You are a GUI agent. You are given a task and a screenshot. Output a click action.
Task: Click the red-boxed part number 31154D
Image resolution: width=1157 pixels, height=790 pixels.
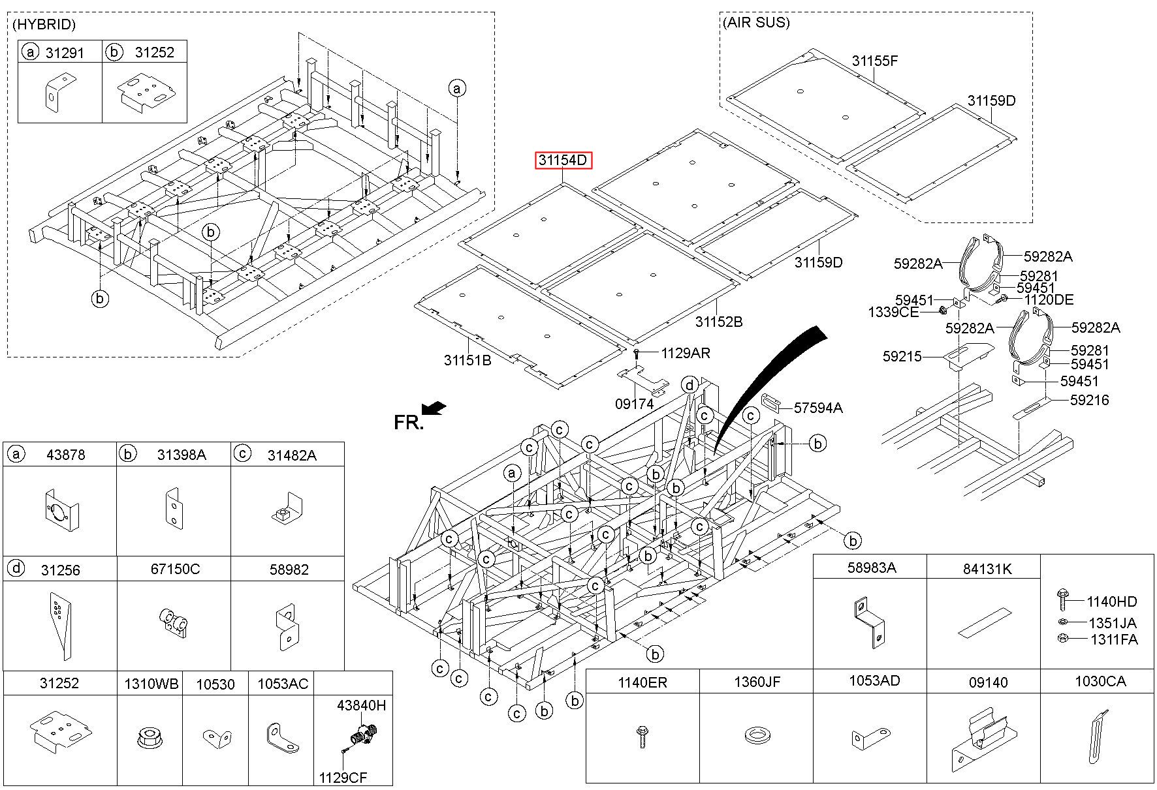(x=563, y=160)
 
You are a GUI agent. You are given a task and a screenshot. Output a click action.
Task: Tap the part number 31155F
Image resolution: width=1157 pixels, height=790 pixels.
(x=874, y=61)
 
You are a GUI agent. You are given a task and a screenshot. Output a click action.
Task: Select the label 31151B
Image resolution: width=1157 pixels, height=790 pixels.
(x=468, y=359)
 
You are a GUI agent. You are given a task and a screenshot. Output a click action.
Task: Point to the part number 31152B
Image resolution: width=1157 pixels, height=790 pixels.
(x=718, y=322)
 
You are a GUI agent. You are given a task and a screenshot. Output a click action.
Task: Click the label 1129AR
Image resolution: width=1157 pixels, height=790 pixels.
(x=685, y=353)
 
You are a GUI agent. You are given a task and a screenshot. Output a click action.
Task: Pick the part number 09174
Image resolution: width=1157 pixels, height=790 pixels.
(x=634, y=404)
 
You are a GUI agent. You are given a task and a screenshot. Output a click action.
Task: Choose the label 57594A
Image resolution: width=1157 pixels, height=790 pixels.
(x=818, y=408)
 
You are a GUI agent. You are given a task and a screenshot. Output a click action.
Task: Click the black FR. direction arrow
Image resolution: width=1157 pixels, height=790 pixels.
(x=434, y=408)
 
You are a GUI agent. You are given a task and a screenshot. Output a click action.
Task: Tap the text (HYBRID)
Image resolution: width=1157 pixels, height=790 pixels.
(x=44, y=25)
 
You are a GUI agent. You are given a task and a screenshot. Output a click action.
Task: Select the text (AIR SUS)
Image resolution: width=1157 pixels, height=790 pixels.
(x=756, y=23)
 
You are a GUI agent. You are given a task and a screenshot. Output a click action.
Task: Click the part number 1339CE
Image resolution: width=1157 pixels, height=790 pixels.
(x=893, y=312)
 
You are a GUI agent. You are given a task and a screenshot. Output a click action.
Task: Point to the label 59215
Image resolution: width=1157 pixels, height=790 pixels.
(x=902, y=356)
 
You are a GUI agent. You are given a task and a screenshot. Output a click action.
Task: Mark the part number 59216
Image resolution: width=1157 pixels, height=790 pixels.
(x=1089, y=400)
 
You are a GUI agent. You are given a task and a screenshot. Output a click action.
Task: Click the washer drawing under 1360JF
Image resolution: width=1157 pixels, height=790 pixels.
(x=757, y=737)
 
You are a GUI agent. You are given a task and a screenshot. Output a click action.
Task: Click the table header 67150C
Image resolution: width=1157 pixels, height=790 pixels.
(x=175, y=569)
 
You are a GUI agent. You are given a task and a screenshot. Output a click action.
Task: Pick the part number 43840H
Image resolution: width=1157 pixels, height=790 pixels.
(x=361, y=705)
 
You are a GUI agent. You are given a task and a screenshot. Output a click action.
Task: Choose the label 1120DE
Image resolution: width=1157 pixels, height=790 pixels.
(x=1049, y=300)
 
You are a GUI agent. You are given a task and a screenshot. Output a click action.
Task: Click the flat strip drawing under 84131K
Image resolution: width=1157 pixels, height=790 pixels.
(x=984, y=622)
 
